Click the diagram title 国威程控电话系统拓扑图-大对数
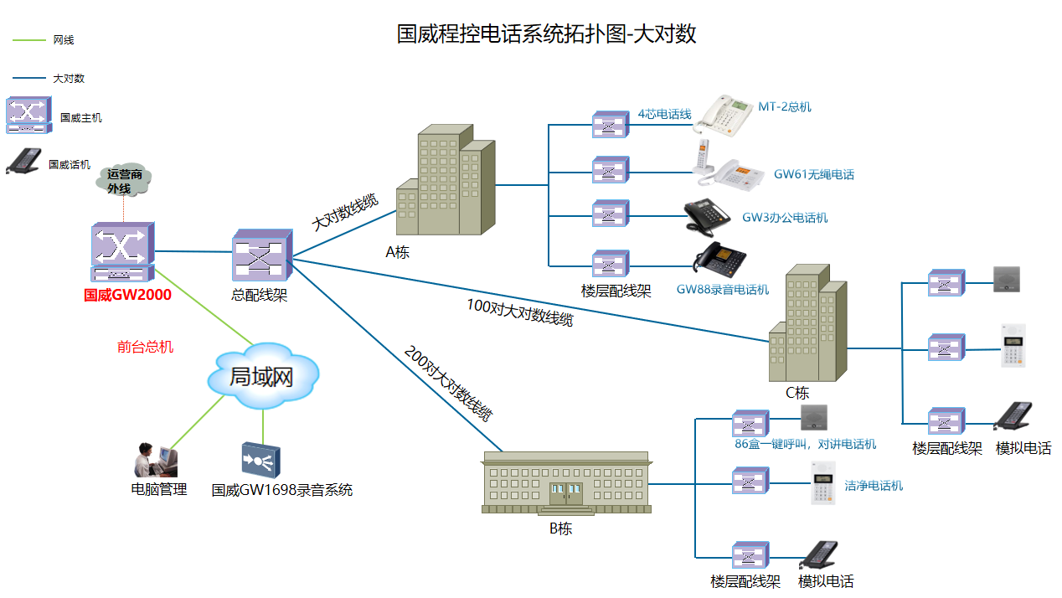point(546,34)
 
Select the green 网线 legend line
point(29,39)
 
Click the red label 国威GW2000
point(127,295)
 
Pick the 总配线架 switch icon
point(260,255)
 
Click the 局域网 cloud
point(262,377)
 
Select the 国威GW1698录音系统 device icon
point(260,459)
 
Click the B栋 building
point(565,482)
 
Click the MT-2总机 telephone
point(721,116)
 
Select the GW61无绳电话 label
point(813,174)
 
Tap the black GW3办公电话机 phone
point(708,216)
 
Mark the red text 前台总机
point(145,346)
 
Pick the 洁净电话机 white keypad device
point(822,482)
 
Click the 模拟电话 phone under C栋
point(1013,416)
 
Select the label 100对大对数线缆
point(519,312)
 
